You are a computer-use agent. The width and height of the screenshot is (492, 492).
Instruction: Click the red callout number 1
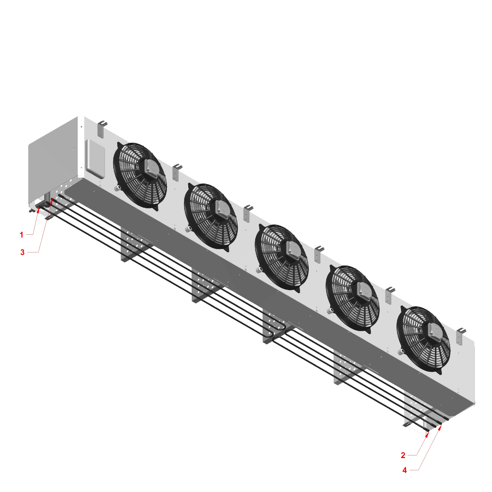coord(21,235)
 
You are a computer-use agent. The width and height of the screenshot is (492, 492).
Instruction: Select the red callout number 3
coord(22,252)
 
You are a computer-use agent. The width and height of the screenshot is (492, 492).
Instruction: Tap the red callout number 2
coord(403,455)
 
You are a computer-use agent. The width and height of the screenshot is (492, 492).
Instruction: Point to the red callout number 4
coord(404,470)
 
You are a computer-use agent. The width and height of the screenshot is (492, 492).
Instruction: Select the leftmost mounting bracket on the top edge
coord(101,129)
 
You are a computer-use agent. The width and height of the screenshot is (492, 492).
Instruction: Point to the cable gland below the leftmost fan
coord(117,188)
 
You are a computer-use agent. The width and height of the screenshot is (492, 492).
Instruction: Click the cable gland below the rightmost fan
coord(400,352)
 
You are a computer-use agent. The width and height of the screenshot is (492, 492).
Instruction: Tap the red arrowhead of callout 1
coord(38,210)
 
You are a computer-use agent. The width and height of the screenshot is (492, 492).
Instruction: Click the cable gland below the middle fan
coord(259,269)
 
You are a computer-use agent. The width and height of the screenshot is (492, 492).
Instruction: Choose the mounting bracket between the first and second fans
coord(176,172)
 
